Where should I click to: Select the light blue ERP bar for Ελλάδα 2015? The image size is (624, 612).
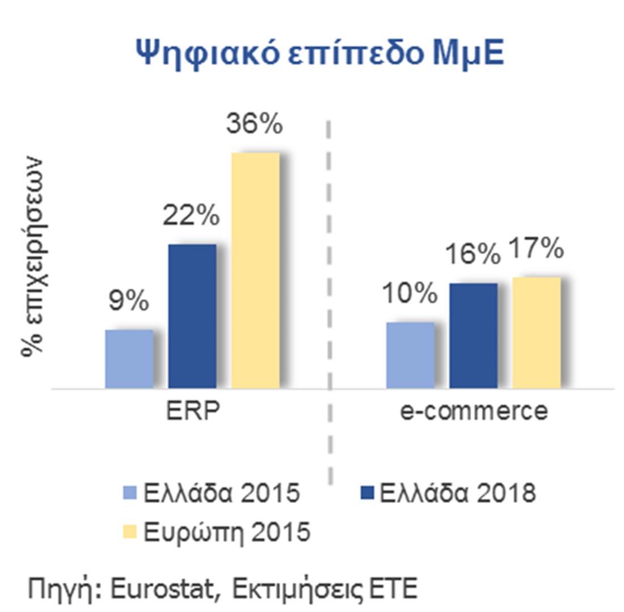click(x=129, y=359)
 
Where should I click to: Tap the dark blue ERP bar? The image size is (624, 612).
click(x=192, y=316)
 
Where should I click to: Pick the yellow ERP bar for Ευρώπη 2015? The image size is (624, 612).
click(x=255, y=270)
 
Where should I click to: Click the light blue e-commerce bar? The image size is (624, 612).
click(x=410, y=355)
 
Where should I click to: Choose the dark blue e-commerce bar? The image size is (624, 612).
click(x=473, y=335)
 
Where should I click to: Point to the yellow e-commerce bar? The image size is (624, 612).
click(x=537, y=333)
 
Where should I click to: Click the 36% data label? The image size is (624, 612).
click(x=254, y=125)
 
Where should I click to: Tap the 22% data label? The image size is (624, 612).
click(x=191, y=216)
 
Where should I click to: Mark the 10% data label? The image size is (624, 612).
click(x=409, y=295)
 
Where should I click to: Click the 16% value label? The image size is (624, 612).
click(x=473, y=255)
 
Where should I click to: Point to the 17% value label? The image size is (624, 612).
click(x=536, y=250)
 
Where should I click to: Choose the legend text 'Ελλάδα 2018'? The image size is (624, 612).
click(x=457, y=493)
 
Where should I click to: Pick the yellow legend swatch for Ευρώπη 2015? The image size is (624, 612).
click(x=129, y=533)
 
